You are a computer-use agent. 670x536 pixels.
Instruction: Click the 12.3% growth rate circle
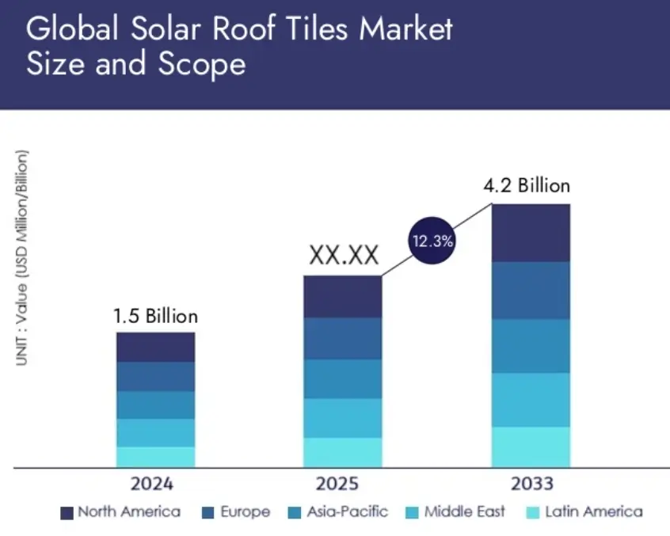[x=431, y=241]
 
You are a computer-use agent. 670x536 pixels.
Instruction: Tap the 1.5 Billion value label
[x=155, y=317]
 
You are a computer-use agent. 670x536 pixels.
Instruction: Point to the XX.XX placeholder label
[x=343, y=256]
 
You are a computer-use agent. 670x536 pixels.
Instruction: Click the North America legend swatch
[x=67, y=513]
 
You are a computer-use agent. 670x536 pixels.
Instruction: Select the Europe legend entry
[x=236, y=512]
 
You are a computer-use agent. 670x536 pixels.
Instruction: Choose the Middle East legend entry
[x=455, y=512]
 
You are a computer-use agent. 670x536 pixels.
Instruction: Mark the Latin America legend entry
[x=583, y=512]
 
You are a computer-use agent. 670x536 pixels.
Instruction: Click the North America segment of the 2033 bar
[x=531, y=233]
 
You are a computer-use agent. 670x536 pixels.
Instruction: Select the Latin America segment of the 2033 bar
[x=531, y=447]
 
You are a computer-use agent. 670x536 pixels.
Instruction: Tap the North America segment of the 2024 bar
[x=155, y=347]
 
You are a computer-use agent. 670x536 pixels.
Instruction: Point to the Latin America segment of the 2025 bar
[x=343, y=452]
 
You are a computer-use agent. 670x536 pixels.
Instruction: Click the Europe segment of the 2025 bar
[x=343, y=339]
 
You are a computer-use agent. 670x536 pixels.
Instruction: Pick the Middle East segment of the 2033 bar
[x=531, y=400]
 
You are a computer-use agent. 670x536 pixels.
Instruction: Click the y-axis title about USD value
[x=21, y=257]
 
